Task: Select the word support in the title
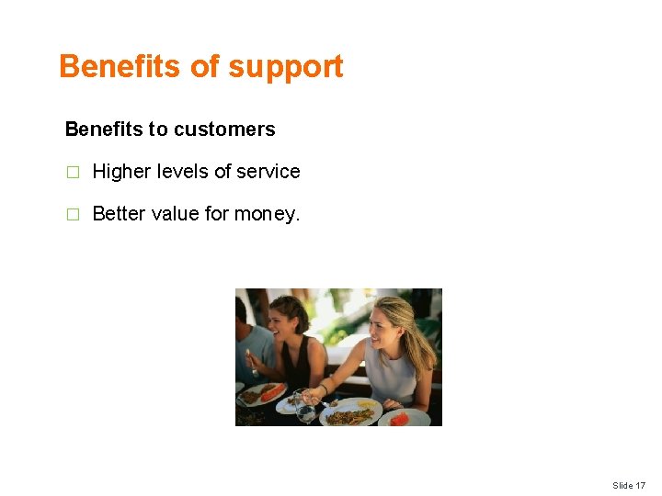point(286,67)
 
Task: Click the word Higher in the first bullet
point(122,172)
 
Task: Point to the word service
point(268,172)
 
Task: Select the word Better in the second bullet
point(118,214)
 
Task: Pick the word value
point(175,214)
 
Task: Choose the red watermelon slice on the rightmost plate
point(399,419)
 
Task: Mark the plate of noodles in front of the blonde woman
point(349,414)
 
